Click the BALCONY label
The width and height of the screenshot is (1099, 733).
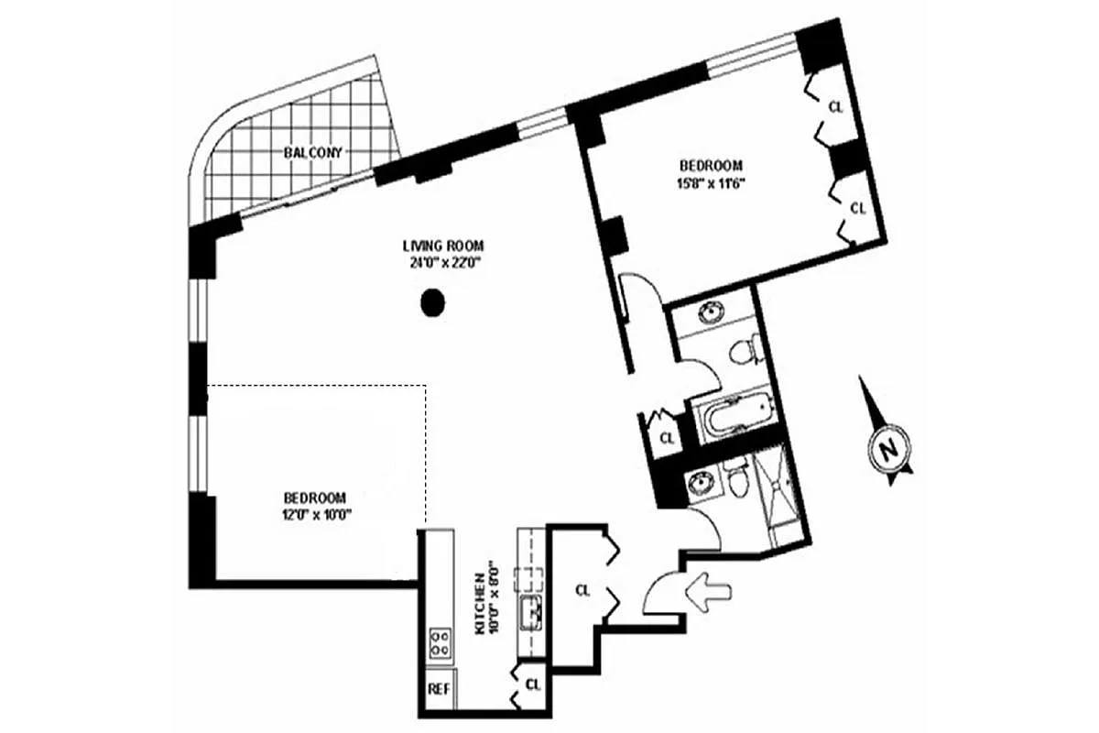[x=313, y=153]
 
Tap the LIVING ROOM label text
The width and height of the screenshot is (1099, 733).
[x=443, y=245]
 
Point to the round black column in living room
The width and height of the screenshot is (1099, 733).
[x=432, y=303]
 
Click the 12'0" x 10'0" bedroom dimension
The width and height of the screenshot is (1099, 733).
[x=315, y=515]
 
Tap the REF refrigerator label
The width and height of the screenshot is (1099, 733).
[x=439, y=689]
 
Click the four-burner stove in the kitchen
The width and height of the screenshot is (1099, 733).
[x=440, y=643]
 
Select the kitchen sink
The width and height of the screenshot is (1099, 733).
[x=531, y=613]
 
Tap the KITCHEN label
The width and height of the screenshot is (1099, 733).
[x=481, y=605]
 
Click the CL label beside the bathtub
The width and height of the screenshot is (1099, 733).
[x=668, y=438]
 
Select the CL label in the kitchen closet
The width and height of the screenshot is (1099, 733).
[x=533, y=684]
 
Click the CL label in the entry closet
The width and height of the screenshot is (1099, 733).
[x=582, y=591]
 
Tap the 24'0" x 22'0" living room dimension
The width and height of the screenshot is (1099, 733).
[x=444, y=263]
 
